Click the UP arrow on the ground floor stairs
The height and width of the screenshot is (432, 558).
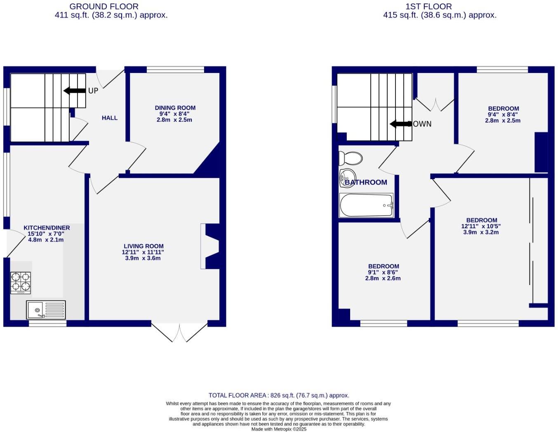point(75,91)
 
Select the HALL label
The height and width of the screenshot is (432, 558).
point(110,118)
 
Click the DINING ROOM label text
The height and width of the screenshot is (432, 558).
point(175,108)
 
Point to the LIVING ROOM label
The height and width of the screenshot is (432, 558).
point(144,246)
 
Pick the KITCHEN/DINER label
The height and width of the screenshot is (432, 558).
point(47,228)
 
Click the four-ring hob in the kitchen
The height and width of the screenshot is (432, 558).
point(21,283)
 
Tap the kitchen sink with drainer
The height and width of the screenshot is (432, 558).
point(46,310)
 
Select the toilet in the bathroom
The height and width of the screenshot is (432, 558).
point(350,158)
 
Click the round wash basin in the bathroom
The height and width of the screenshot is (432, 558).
point(347,177)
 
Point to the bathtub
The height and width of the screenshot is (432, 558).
point(366,205)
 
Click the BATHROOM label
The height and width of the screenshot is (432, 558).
point(366,182)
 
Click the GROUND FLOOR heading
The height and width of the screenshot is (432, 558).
point(104,7)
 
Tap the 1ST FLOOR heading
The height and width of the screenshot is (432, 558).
point(429,7)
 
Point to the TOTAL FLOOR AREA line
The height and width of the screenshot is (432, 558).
point(279,395)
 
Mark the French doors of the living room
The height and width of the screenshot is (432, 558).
point(179,332)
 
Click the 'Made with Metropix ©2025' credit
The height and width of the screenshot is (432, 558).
point(279,429)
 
